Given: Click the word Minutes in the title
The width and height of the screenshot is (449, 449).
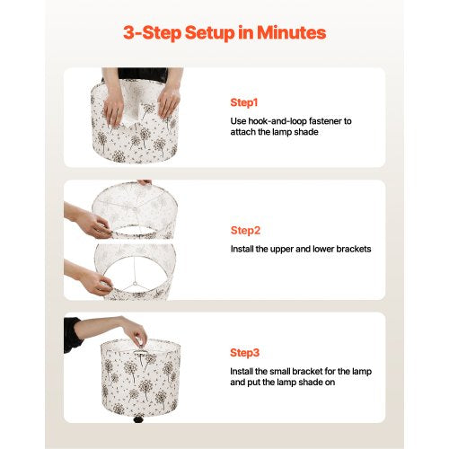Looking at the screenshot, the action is [292, 32].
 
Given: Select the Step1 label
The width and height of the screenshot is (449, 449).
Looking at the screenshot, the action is [244, 102].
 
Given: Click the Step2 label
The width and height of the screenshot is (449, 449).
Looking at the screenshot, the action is [245, 231].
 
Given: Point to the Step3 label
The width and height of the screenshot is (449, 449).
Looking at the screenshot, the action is [244, 353].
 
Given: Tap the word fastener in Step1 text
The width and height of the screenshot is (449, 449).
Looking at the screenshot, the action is [325, 121].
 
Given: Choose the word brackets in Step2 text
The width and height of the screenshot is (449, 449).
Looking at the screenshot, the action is [354, 249].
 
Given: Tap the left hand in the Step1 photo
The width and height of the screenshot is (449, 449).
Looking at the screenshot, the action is [113, 110].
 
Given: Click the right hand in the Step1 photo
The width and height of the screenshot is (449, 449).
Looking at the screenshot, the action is [168, 101].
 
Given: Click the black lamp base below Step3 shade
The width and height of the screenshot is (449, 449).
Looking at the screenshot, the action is [139, 418].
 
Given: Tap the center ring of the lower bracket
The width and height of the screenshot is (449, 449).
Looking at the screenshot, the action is [136, 284].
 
